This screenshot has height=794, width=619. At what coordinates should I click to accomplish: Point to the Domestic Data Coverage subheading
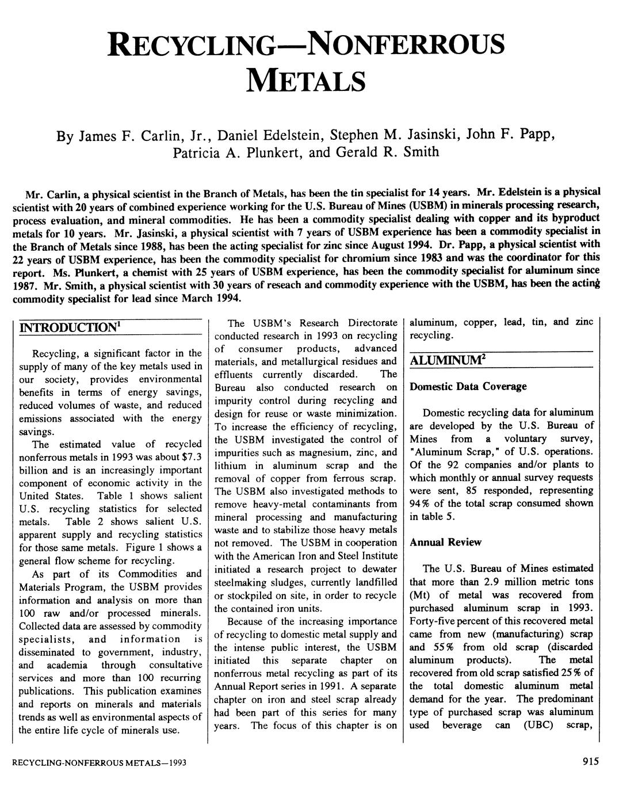pyautogui.click(x=468, y=387)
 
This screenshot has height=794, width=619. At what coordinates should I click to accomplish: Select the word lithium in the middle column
pyautogui.click(x=230, y=465)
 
